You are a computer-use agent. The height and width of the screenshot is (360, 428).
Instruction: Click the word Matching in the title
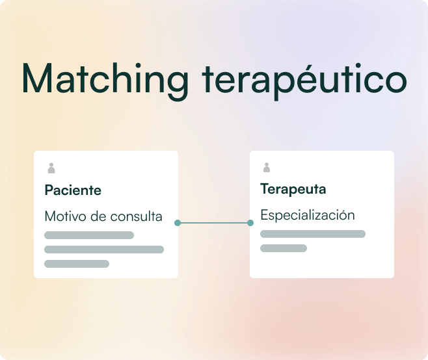point(105,80)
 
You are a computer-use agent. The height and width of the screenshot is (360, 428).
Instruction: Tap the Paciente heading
point(73,190)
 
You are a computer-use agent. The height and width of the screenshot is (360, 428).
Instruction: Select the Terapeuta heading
point(293,189)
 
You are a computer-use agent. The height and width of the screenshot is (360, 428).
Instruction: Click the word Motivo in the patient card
point(66,216)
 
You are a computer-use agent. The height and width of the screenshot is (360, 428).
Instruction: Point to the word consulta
point(136,216)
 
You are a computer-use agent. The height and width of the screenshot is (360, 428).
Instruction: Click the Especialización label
point(308,215)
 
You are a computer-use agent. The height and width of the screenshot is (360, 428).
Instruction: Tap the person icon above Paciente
point(51,168)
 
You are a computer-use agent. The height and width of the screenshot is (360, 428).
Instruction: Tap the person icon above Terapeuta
point(267,168)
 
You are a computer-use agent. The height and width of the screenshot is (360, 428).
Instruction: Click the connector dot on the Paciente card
point(178,223)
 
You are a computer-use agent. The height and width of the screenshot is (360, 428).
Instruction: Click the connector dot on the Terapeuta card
point(250,223)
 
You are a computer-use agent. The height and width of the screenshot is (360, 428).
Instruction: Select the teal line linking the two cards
point(214,223)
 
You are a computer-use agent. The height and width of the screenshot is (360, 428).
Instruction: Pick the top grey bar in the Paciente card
point(89,235)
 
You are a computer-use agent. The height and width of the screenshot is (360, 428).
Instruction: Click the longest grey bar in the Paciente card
point(104,250)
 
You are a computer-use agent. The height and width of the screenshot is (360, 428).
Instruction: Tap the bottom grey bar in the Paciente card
point(77,264)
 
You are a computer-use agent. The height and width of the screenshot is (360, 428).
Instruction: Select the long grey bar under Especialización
point(313,234)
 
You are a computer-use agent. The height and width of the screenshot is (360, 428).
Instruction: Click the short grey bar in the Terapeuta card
point(284,248)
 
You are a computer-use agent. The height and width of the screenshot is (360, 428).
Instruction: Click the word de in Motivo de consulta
point(98,216)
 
